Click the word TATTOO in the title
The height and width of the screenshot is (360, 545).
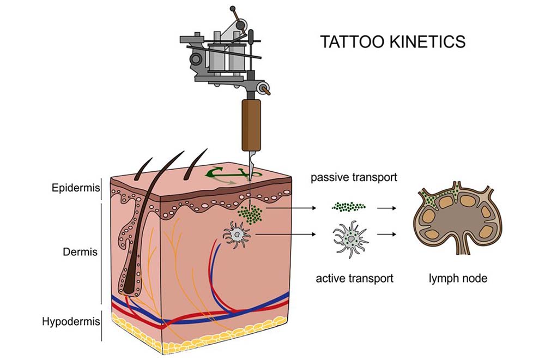pos(352,41)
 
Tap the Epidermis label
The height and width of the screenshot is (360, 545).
pos(75,188)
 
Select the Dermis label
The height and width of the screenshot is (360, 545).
pos(80,252)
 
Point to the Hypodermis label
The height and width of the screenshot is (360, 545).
pos(71,321)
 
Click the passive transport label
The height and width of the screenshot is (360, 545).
pos(354,177)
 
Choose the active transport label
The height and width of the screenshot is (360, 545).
pos(355,279)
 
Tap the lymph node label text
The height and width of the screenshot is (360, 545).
pos(458,278)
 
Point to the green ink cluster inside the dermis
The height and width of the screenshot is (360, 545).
pos(250,214)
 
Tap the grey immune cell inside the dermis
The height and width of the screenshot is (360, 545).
pos(237,234)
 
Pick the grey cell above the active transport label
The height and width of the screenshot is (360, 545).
pos(350,239)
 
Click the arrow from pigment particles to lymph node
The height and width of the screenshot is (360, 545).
pos(386,208)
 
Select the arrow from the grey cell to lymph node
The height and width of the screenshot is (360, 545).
pos(386,235)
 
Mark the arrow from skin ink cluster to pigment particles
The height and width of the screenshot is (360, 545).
pos(291,208)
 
